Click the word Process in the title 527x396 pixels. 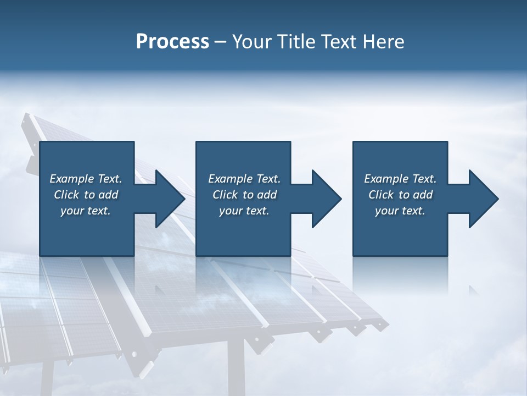[172, 42]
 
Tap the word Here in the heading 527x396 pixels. [382, 42]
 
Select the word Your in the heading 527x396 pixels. [250, 42]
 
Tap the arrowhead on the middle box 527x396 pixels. [326, 199]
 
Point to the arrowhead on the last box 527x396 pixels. [483, 199]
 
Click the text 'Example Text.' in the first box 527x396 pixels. [86, 179]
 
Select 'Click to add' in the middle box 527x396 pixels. [244, 195]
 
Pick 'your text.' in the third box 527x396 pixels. [400, 211]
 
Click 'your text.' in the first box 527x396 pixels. [86, 211]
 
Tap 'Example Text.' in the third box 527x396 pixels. [400, 179]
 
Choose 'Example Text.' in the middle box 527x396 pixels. [244, 179]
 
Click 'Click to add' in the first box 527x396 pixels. [86, 195]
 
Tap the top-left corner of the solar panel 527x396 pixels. [26, 117]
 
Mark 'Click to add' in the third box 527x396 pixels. [400, 195]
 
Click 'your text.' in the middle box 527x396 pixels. [244, 211]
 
